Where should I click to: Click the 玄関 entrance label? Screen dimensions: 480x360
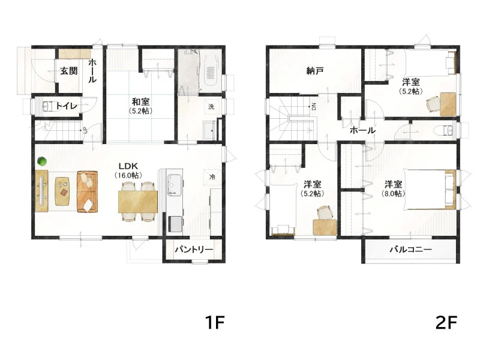69,71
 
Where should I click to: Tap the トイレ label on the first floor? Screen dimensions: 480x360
66,106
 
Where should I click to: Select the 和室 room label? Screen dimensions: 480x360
141,101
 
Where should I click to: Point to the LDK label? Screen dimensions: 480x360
128,166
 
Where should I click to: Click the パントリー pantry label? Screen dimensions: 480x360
194,250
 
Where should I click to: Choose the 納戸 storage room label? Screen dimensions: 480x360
315,71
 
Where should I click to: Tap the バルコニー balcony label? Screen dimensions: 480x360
410,250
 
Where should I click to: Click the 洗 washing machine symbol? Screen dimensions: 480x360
212,107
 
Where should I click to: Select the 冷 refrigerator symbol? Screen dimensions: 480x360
212,177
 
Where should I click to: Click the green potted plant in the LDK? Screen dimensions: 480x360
42,161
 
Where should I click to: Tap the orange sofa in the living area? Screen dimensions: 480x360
87,191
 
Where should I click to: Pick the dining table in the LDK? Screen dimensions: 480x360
138,202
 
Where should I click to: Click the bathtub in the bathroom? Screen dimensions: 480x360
210,71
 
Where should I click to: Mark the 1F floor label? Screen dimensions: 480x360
215,322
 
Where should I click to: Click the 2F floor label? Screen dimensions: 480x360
446,322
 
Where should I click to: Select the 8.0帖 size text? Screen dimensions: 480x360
394,194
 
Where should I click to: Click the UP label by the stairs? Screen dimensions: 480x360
85,131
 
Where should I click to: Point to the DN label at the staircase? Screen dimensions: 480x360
314,107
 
